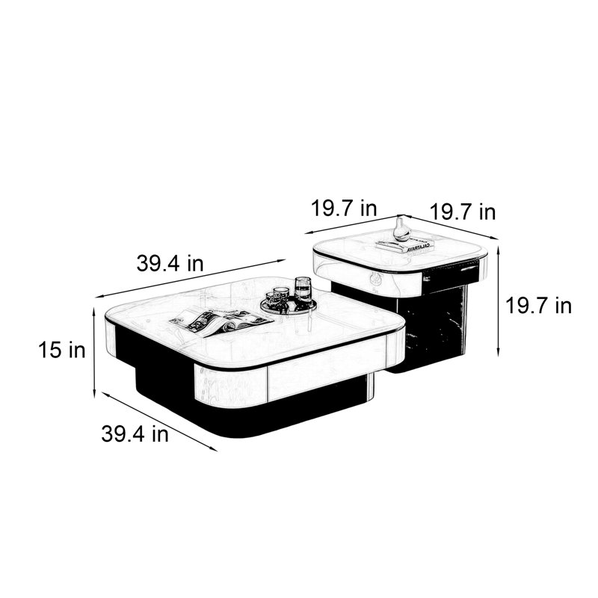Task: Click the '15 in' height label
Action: (x=62, y=350)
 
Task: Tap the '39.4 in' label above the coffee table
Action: (x=170, y=263)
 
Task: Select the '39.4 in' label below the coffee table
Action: (x=135, y=434)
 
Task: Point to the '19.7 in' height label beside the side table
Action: (x=538, y=306)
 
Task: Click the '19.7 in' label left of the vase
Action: (x=344, y=209)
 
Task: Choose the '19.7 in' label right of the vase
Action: (x=463, y=212)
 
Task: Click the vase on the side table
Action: (x=401, y=229)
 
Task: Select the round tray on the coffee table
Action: (x=289, y=306)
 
